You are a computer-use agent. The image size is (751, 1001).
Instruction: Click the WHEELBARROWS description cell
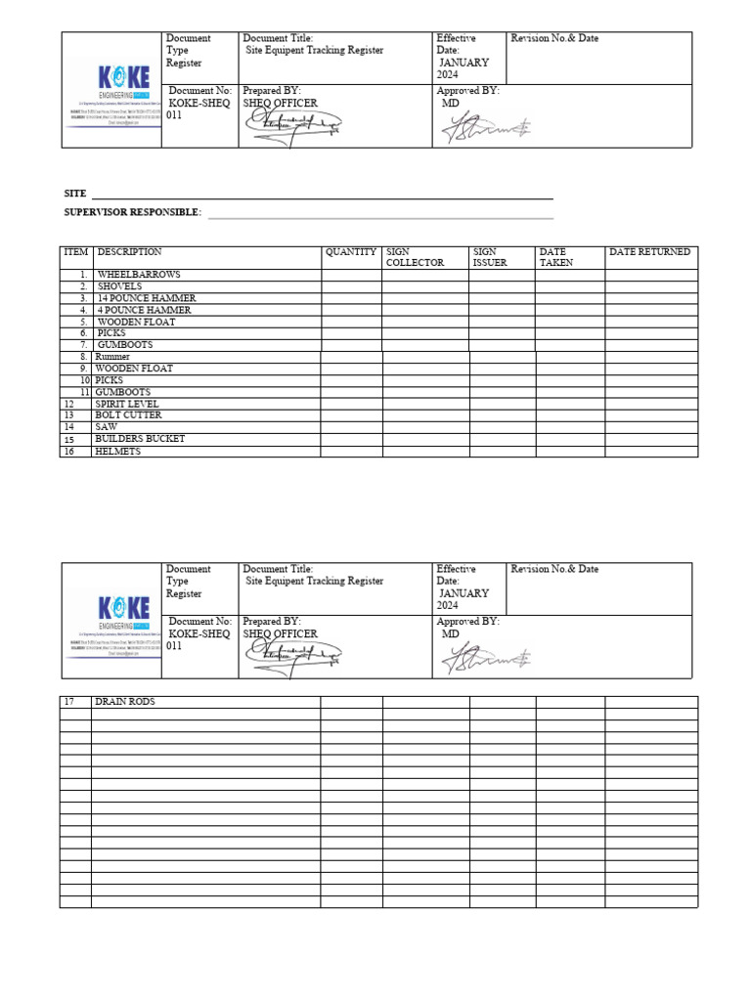click(138, 275)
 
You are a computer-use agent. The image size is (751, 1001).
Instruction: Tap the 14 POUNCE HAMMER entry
click(146, 298)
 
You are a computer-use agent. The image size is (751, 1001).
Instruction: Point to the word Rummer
click(112, 357)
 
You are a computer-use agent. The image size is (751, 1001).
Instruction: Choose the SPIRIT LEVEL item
click(126, 404)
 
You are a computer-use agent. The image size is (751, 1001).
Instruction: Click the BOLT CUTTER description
click(128, 415)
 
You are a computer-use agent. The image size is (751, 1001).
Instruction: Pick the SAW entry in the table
click(106, 427)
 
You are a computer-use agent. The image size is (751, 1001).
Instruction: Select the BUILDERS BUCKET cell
click(140, 439)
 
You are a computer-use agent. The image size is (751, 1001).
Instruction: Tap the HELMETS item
click(117, 452)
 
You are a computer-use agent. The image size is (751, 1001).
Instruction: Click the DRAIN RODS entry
click(124, 702)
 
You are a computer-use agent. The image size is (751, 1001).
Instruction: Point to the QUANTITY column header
click(351, 252)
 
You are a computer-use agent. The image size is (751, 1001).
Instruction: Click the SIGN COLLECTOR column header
click(415, 257)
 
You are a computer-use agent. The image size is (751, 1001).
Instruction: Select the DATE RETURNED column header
click(649, 252)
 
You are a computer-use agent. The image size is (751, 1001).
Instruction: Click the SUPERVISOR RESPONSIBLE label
click(132, 212)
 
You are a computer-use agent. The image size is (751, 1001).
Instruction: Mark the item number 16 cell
click(69, 452)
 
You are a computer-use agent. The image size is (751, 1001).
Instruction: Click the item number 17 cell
click(69, 702)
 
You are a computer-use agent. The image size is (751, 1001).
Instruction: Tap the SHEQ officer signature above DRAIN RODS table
click(293, 657)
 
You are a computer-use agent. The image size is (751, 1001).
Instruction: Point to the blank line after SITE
click(323, 197)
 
